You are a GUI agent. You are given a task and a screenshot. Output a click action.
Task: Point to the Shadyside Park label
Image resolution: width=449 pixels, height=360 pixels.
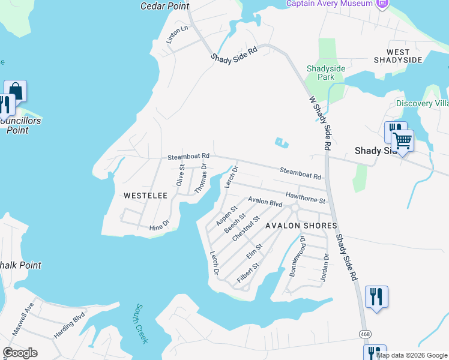[326, 73]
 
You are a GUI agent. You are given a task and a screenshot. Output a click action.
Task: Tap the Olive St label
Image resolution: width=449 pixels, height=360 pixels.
[180, 175]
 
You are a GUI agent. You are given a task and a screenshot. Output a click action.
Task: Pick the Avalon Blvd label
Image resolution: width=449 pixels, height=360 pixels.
[265, 202]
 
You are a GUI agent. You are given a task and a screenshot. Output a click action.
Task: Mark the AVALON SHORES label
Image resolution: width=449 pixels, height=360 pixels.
[301, 226]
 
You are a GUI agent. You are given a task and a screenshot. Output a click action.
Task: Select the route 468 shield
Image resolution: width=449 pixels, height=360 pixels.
[365, 333]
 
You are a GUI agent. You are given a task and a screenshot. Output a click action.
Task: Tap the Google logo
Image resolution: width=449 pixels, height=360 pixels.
[20, 353]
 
